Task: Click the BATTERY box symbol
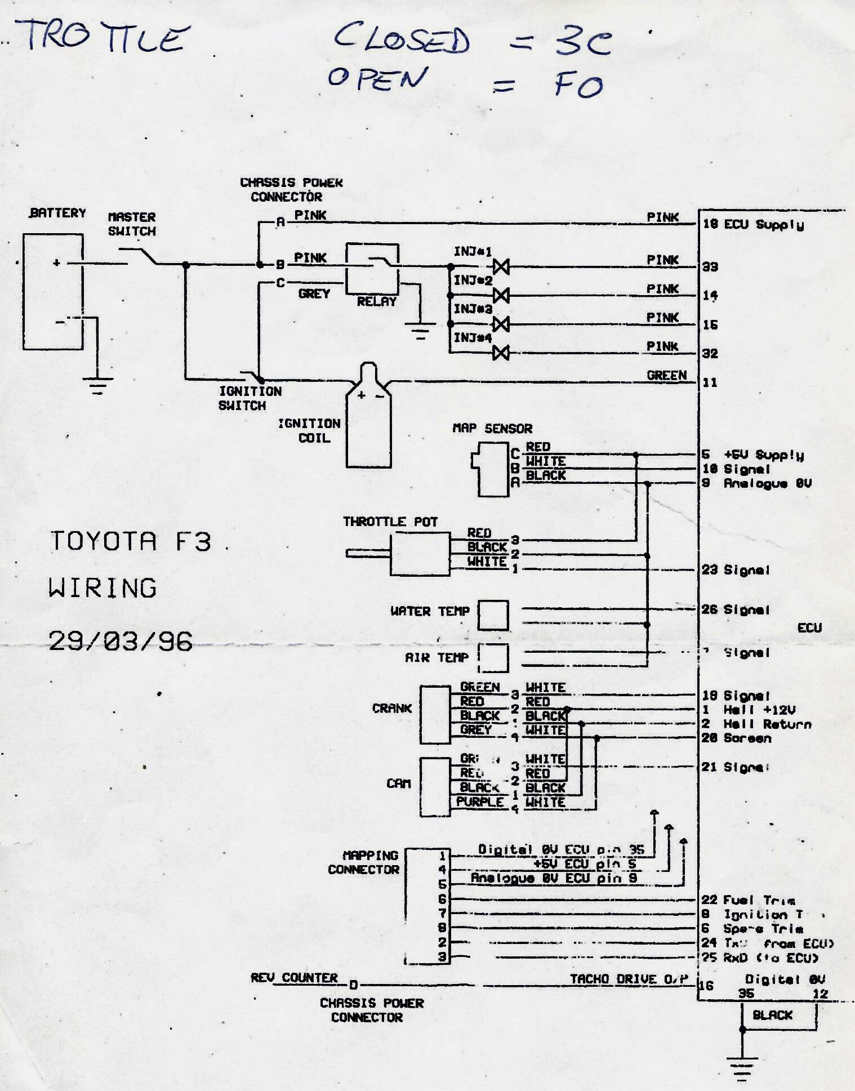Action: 53,292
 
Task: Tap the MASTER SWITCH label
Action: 132,224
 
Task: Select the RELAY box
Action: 372,269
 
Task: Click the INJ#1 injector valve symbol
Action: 501,266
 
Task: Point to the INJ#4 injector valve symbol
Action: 501,353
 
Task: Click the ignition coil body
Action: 368,428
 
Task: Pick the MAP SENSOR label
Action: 492,429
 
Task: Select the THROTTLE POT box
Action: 420,555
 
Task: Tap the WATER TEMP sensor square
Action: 493,615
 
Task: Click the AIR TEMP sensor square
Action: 493,658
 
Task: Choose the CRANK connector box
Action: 435,714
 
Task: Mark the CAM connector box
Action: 435,787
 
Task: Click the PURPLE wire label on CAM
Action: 480,802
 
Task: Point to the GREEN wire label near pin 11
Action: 667,375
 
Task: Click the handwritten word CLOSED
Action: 401,39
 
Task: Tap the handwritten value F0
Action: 578,86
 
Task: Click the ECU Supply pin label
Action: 763,225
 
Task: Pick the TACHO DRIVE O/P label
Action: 629,979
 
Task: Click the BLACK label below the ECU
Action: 772,1015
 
